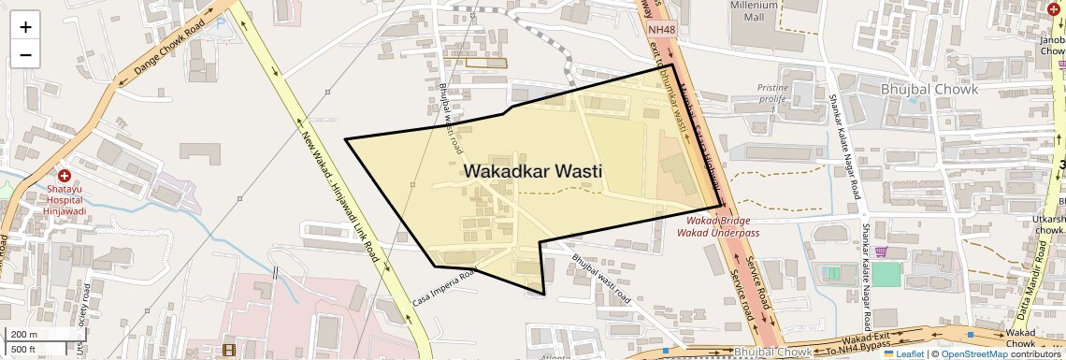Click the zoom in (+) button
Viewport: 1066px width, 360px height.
(25, 27)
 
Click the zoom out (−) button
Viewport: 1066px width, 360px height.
(25, 54)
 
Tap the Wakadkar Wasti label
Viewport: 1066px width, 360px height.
(531, 171)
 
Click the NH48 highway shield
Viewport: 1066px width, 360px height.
(660, 30)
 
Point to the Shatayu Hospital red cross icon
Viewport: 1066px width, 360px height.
(65, 176)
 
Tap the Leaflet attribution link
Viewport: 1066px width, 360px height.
(903, 353)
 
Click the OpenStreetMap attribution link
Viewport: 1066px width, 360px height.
(973, 353)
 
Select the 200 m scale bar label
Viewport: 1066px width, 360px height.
(24, 335)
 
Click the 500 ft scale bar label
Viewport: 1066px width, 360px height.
(23, 349)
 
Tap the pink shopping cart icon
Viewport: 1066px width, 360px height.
(880, 251)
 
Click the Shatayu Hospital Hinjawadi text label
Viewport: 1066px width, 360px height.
(65, 199)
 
